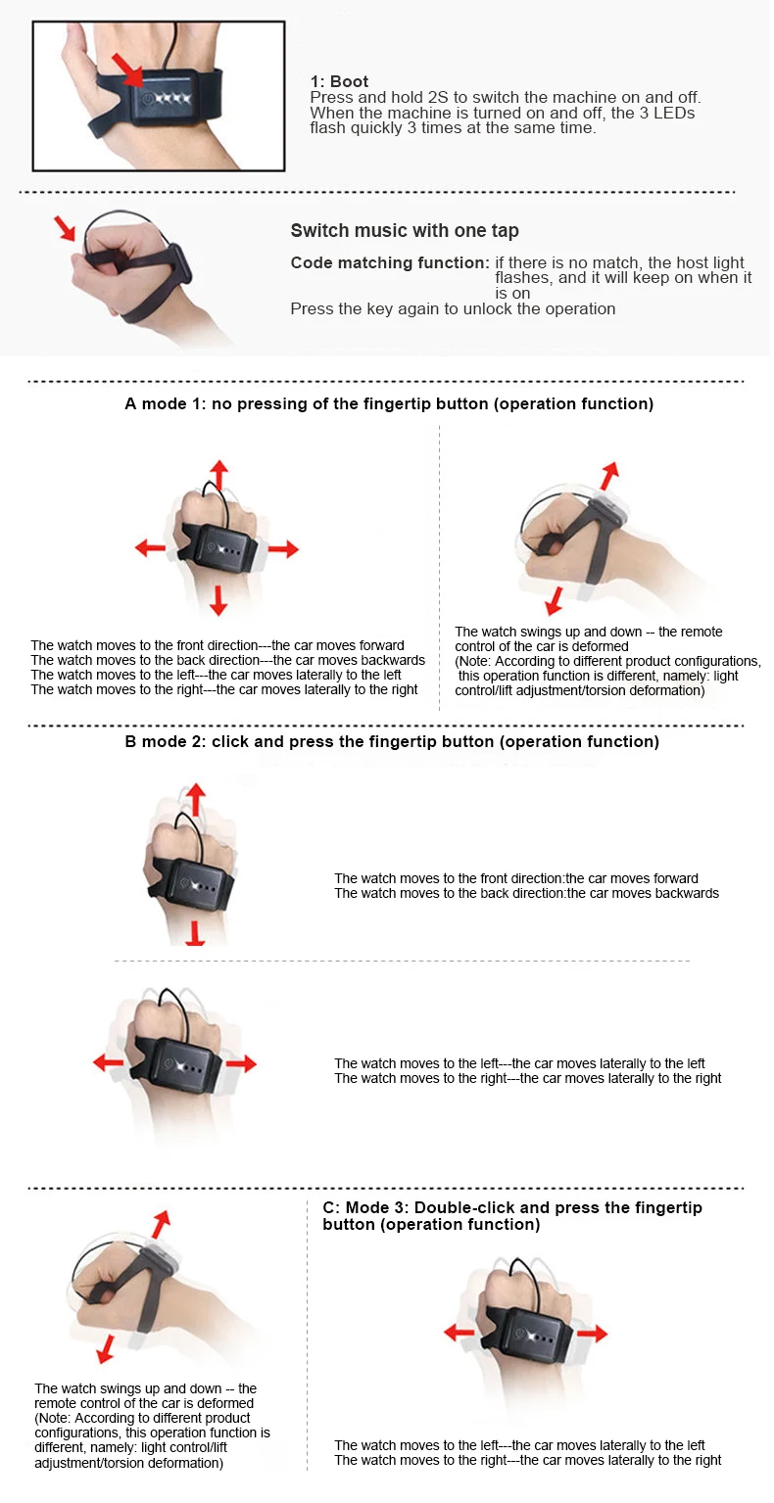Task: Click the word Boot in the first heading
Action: click(349, 82)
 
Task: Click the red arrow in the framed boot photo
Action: click(127, 70)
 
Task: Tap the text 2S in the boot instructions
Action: click(438, 97)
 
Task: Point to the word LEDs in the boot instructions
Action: click(675, 113)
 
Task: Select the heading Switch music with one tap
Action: click(404, 231)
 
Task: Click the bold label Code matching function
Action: click(390, 262)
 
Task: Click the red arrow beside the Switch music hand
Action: click(65, 227)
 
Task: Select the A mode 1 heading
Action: click(389, 403)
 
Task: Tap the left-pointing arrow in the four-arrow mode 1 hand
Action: click(150, 548)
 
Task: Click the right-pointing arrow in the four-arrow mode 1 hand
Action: click(282, 549)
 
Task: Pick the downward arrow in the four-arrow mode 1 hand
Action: click(218, 600)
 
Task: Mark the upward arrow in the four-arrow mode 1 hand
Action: click(218, 476)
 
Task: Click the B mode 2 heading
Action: click(392, 741)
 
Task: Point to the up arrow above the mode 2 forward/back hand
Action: click(195, 798)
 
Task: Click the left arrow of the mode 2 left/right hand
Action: click(108, 1062)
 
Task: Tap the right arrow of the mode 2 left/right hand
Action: click(241, 1063)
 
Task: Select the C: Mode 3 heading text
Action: click(512, 1216)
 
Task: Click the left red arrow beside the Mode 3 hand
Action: click(460, 1333)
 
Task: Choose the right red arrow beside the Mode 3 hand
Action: click(592, 1334)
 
